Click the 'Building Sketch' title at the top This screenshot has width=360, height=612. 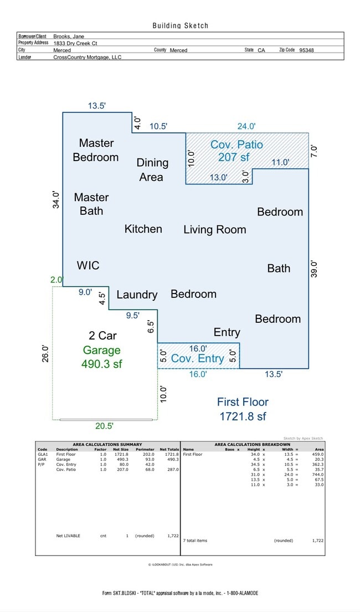coord(181,25)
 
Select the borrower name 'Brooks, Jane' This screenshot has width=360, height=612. coord(69,36)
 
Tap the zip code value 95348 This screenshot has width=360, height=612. coord(306,50)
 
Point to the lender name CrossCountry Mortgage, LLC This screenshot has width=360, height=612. coord(87,57)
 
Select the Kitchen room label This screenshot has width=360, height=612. coord(143,229)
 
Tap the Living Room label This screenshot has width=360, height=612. coord(214,229)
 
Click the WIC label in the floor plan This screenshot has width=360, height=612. coord(88,265)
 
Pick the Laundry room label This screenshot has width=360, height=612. coord(137,295)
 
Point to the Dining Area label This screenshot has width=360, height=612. coord(152,169)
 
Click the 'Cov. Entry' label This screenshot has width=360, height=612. coord(197,358)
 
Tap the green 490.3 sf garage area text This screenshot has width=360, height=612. coord(101,364)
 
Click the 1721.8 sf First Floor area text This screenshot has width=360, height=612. coord(243,416)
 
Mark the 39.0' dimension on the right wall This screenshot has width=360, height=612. coord(314,269)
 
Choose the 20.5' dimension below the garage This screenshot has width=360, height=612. coord(104,426)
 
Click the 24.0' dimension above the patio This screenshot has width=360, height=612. coord(246,126)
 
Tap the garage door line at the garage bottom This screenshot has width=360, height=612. coord(105,420)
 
